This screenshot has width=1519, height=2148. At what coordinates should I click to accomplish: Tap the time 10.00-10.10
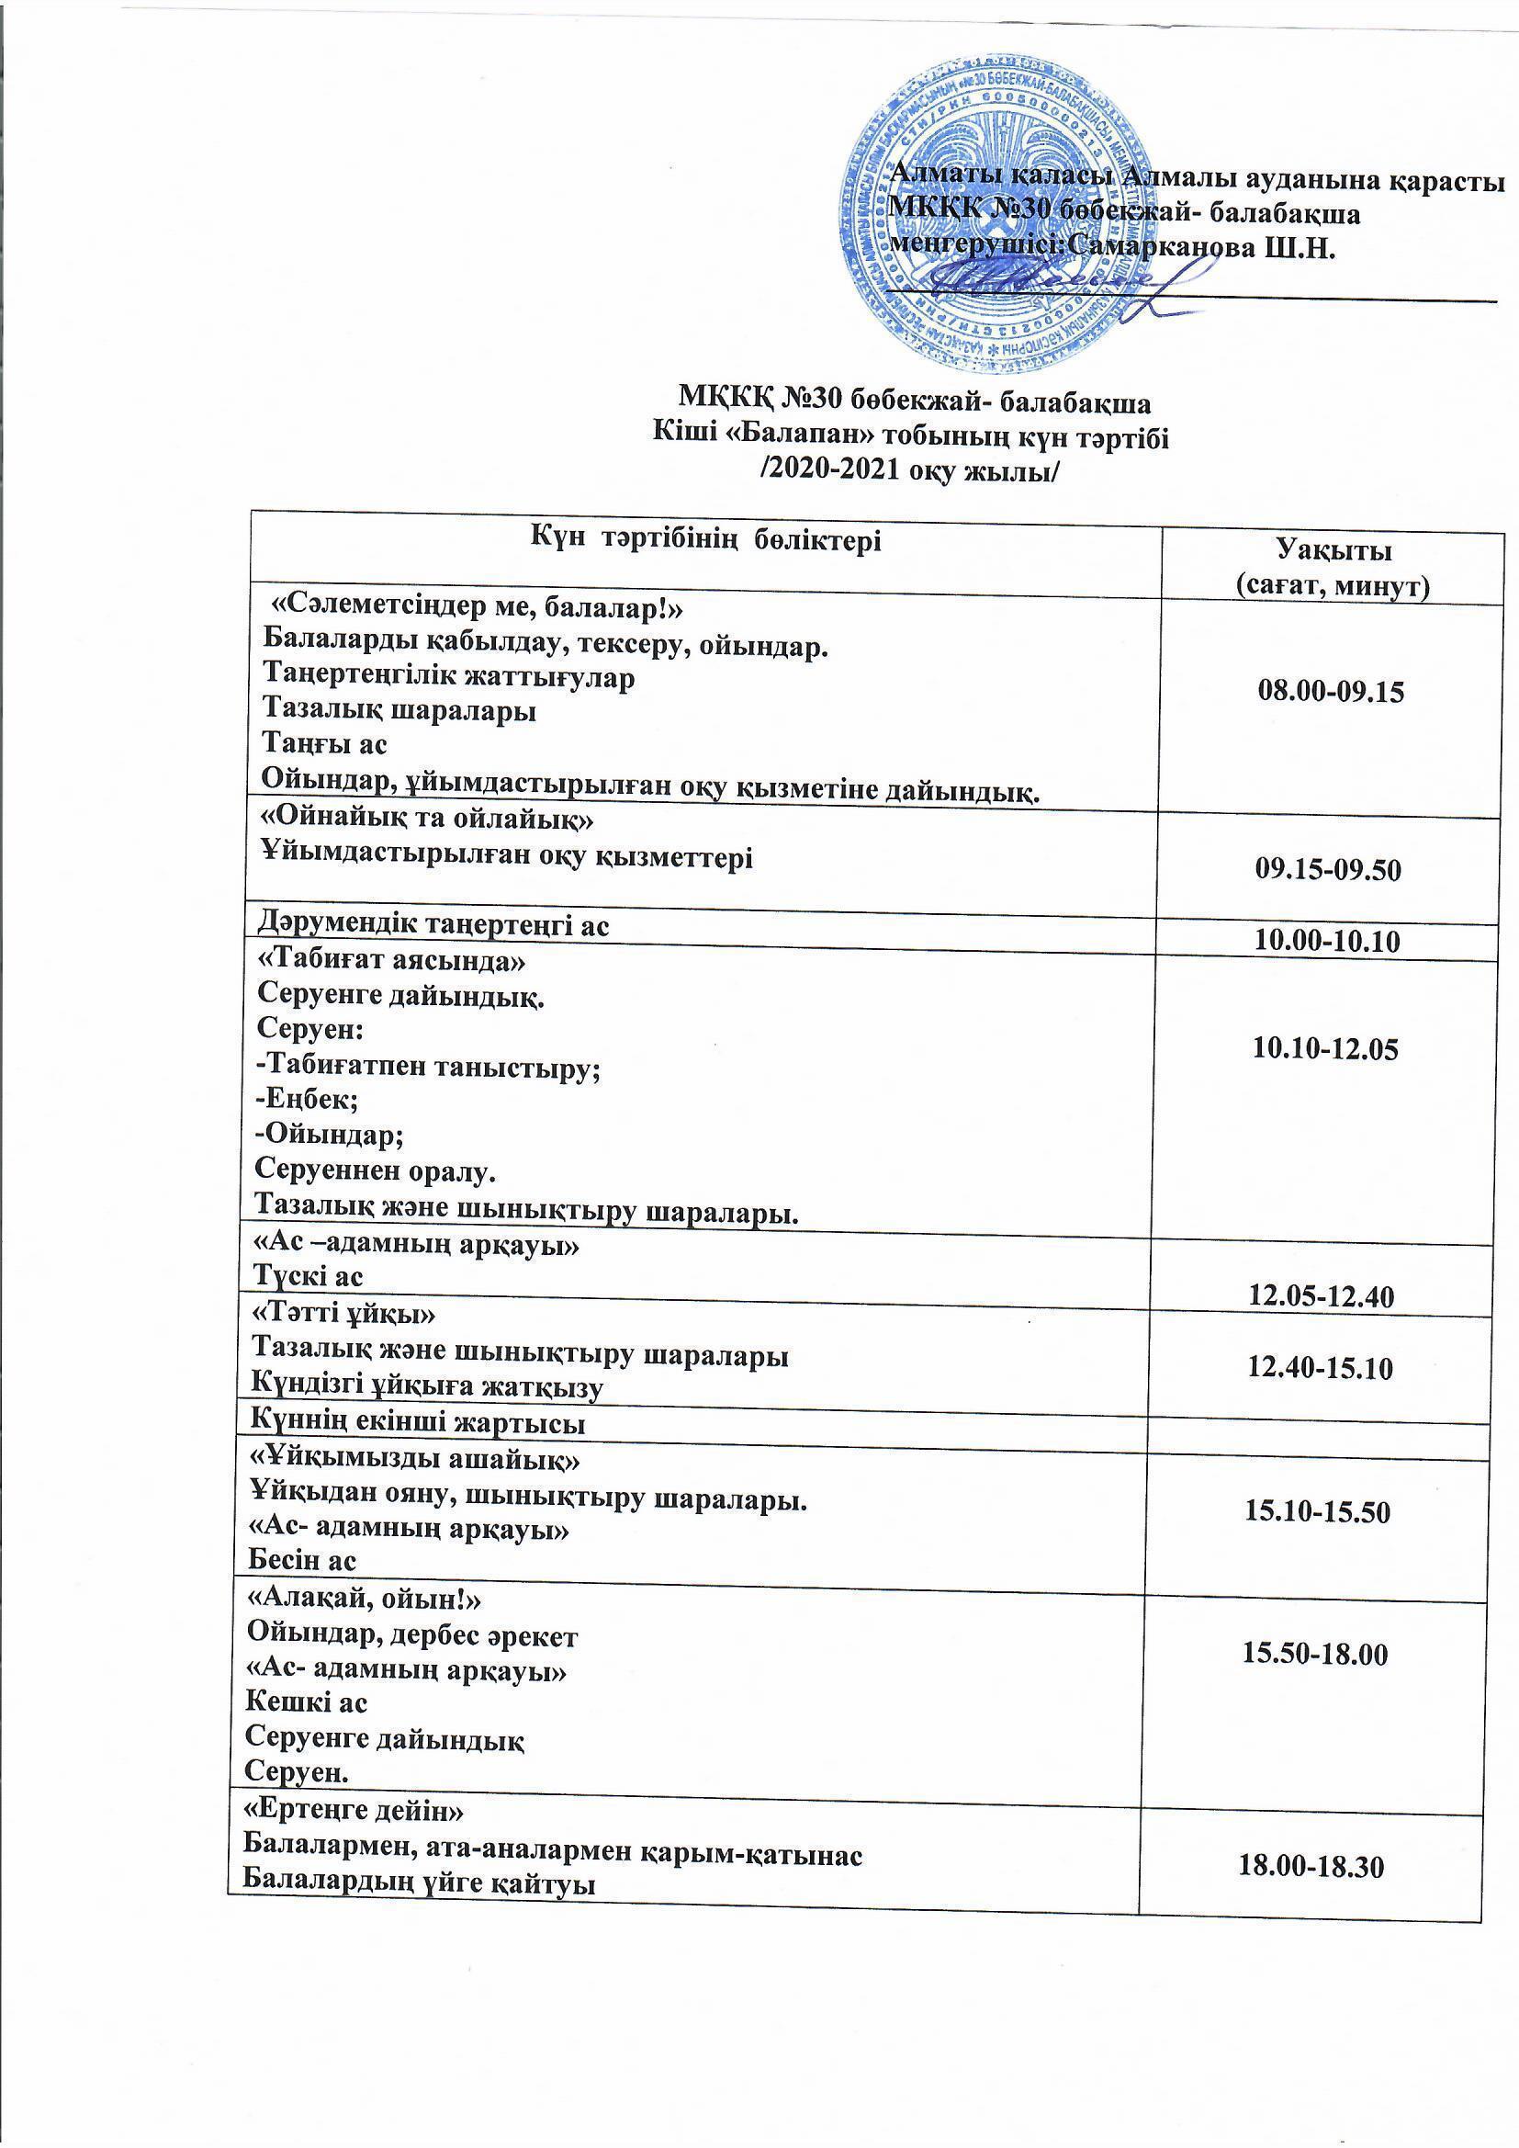[1326, 941]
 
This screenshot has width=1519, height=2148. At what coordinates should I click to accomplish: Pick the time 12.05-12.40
[1322, 1295]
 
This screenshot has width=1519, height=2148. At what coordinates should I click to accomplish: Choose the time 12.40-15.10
[1320, 1369]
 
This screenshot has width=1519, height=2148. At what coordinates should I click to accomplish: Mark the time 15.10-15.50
[1317, 1512]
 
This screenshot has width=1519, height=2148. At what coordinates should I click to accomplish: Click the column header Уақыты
[1333, 548]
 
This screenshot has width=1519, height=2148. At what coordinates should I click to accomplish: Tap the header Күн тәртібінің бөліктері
[706, 539]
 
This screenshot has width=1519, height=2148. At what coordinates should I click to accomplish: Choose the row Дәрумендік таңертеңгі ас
[434, 925]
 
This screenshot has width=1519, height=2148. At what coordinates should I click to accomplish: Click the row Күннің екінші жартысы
[418, 1423]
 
